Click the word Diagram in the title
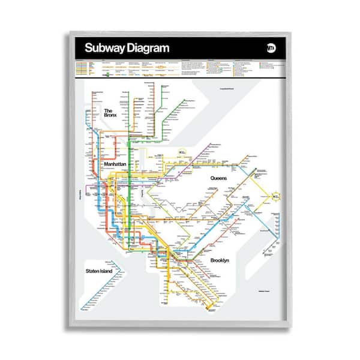point(148,48)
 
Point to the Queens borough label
point(220,178)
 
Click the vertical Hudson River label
point(80,195)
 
